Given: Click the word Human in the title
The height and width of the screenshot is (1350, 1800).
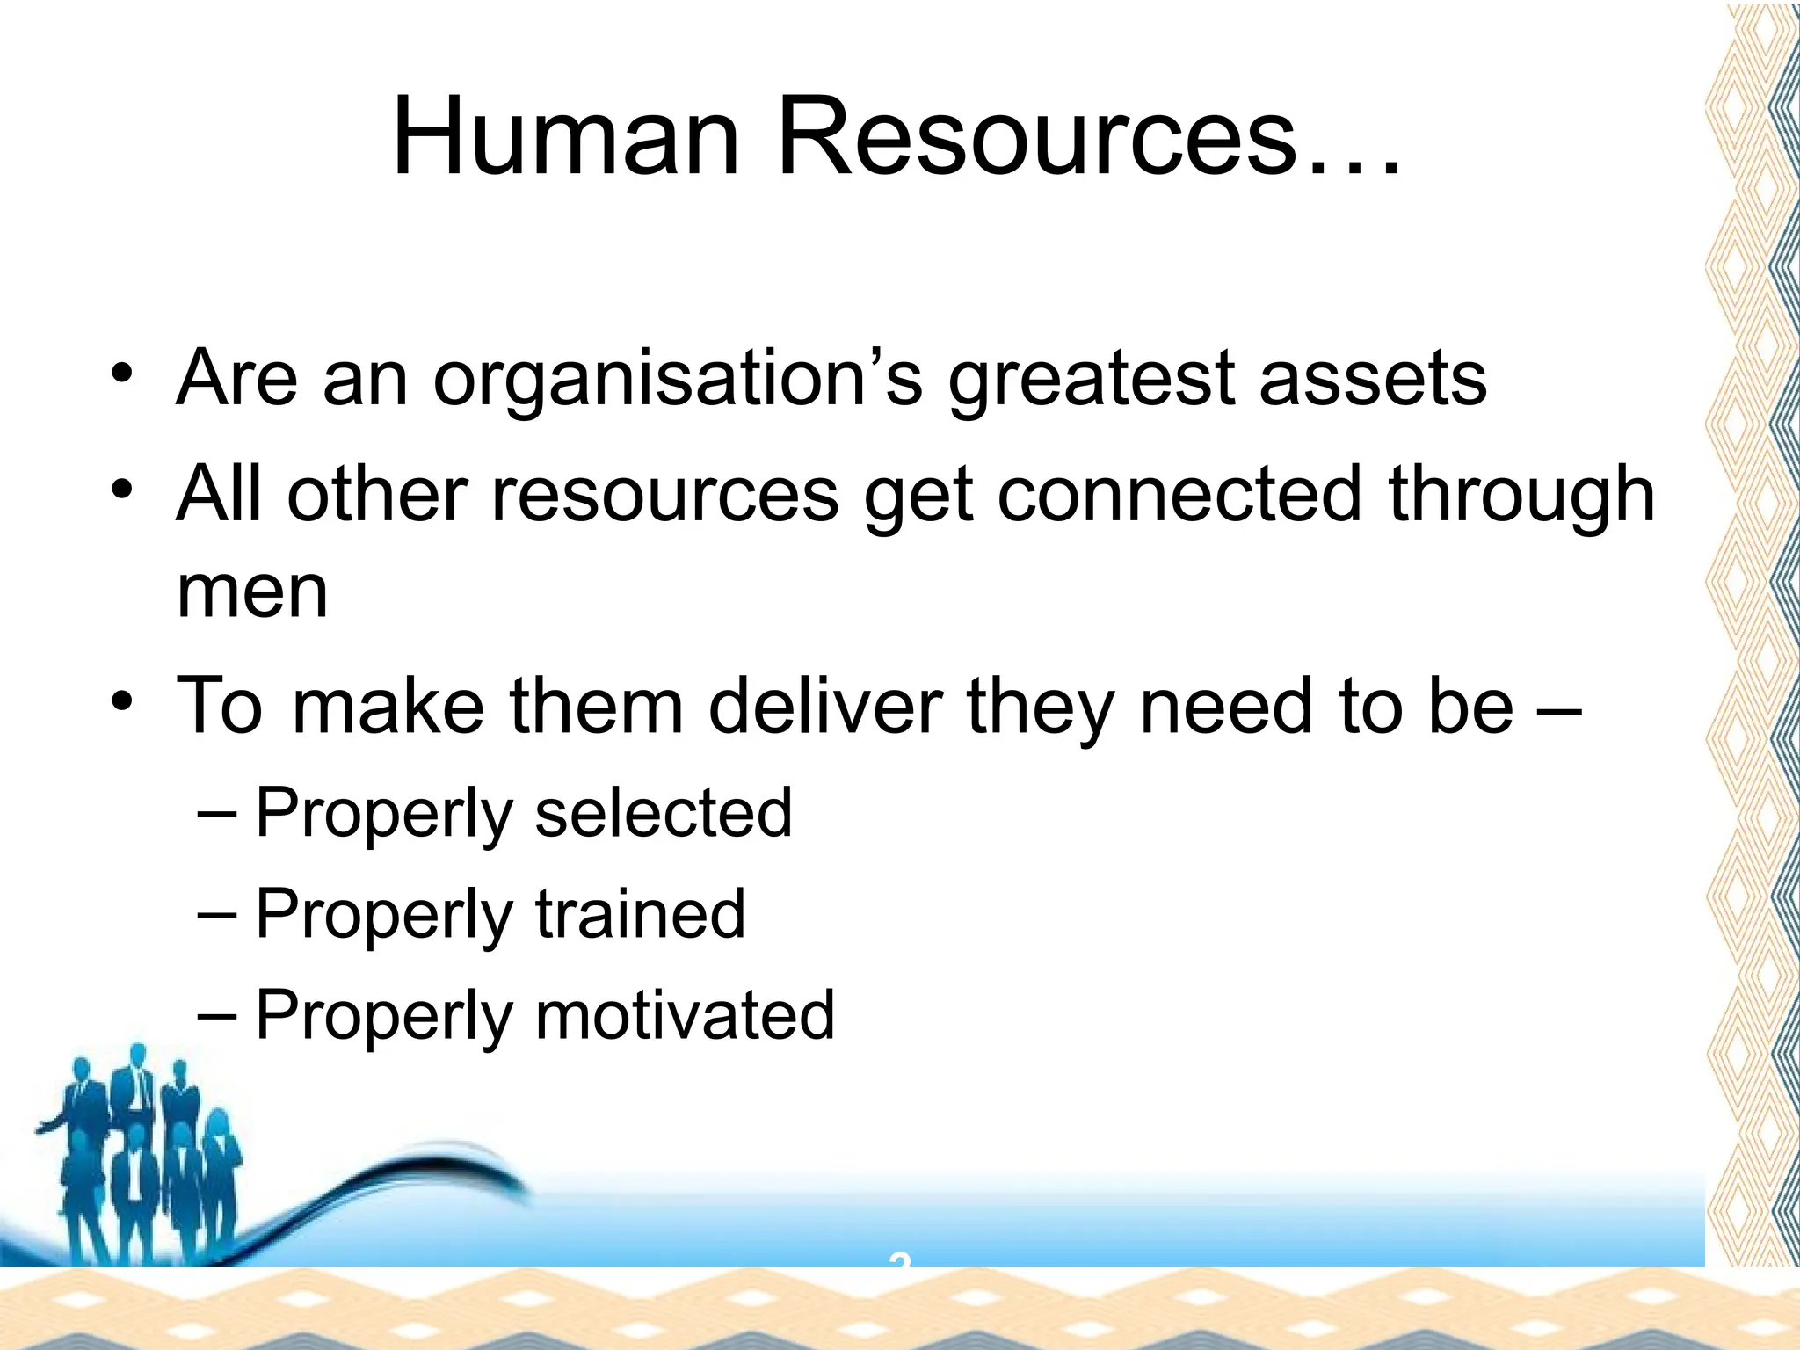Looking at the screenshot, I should point(566,138).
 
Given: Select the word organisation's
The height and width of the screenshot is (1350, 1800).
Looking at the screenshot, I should point(678,380).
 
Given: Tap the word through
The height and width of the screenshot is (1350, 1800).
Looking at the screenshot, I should point(1521,496).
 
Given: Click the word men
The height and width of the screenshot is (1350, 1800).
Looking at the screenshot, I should point(252,592).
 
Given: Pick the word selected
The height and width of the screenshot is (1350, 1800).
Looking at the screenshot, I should point(664,813).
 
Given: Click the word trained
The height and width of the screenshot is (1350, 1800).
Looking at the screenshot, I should point(640,914).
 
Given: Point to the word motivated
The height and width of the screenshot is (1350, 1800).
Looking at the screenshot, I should point(685,1015).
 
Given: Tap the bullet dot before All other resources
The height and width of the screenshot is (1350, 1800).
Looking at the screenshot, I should point(122,489).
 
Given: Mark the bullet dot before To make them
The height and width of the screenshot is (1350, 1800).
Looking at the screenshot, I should point(122,700).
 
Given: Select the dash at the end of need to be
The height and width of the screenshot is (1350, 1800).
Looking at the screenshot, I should point(1559,707).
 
